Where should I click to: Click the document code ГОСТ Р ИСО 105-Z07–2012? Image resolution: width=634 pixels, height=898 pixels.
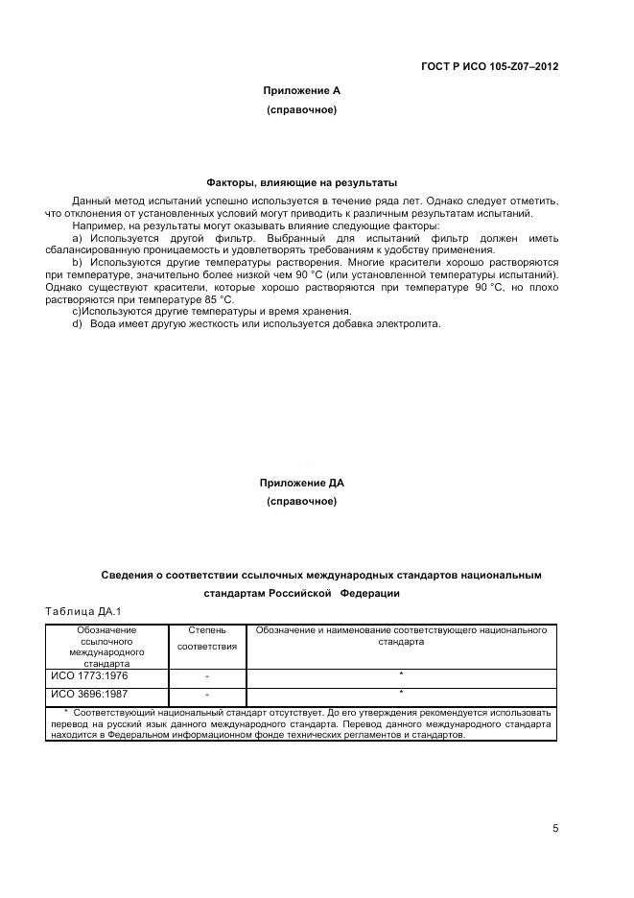click(489, 67)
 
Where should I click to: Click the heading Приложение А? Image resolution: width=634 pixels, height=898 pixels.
click(301, 90)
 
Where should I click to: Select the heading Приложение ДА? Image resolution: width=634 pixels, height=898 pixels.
click(301, 483)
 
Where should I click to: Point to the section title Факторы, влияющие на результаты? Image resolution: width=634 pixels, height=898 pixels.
click(301, 182)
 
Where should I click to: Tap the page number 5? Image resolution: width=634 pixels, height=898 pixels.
click(555, 829)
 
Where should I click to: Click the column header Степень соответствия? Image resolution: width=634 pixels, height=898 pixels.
click(206, 638)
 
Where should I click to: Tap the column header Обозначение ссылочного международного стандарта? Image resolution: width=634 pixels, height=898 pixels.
click(106, 646)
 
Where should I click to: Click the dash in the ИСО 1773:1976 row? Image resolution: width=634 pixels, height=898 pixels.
click(206, 677)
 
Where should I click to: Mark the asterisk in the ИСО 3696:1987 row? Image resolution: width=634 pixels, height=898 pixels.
click(400, 694)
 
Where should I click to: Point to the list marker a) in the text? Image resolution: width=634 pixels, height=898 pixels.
click(78, 238)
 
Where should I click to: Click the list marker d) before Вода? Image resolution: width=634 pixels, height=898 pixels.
click(78, 323)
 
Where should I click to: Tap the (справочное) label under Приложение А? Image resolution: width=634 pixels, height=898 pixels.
click(301, 110)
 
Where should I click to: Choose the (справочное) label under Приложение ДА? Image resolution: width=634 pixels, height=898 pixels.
click(301, 502)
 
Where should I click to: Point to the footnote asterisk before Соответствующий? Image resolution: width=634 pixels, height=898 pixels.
click(66, 713)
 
